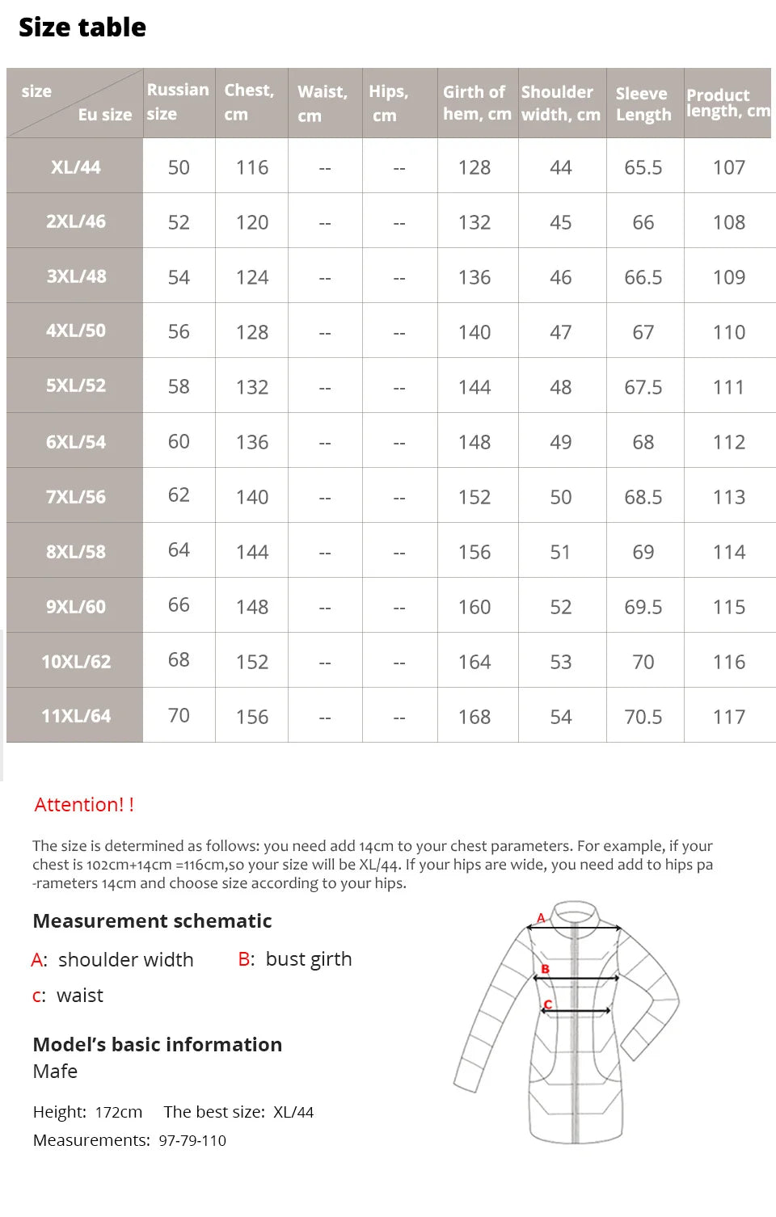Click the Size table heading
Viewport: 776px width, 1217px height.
82,27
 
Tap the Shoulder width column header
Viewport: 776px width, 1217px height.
560,103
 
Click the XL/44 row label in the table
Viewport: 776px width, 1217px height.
75,167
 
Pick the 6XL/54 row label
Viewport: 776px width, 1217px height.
75,442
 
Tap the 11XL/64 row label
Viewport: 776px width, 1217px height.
75,716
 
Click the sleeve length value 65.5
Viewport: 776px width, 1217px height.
643,167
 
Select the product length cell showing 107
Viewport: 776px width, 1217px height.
728,167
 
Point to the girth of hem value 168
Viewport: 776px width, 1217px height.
474,717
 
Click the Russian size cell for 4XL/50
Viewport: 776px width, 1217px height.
179,332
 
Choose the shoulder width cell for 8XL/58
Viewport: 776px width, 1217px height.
560,552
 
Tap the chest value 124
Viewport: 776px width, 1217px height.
251,277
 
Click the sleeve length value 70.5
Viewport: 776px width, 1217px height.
643,717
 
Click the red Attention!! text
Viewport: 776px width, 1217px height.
84,805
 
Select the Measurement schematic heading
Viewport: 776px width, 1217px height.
152,921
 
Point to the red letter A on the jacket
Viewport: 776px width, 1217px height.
541,918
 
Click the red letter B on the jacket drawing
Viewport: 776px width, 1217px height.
545,968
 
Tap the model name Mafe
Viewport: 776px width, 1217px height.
55,1072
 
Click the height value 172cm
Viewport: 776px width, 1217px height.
119,1113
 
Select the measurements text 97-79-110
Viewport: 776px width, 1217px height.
192,1141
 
